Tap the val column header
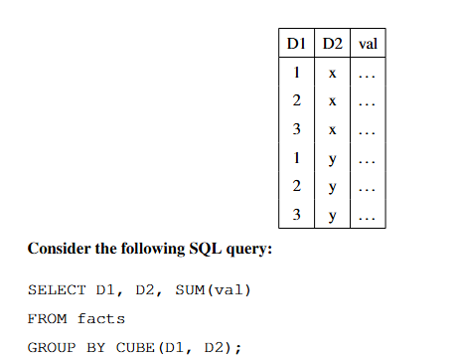click(x=367, y=44)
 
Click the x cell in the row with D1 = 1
click(x=332, y=73)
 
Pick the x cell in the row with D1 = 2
click(x=332, y=101)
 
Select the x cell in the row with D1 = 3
click(x=332, y=130)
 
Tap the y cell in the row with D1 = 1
click(x=332, y=159)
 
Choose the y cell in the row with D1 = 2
click(x=332, y=188)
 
